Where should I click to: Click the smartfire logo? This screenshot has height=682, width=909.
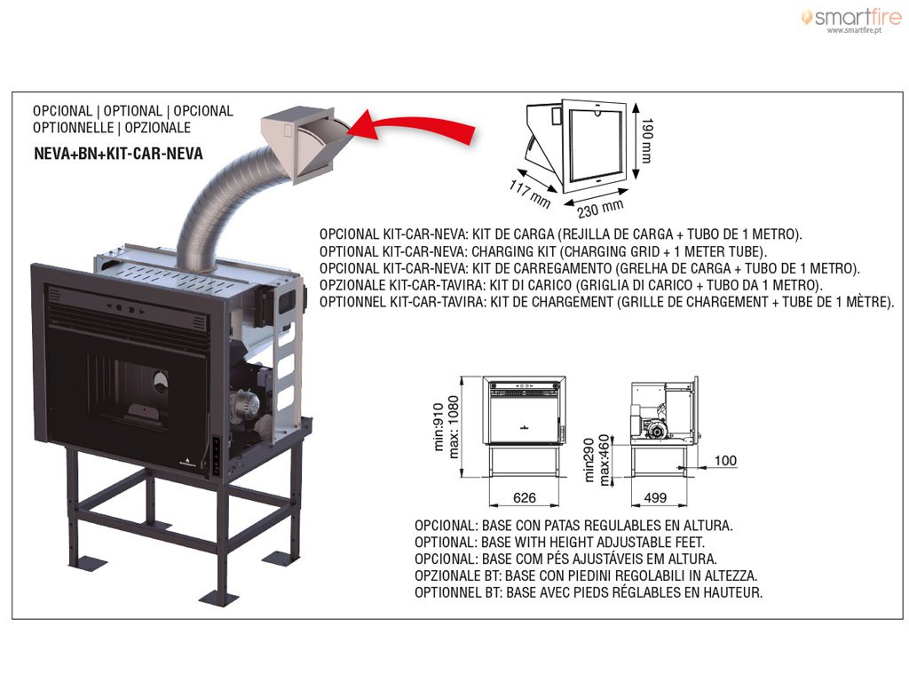coord(850,19)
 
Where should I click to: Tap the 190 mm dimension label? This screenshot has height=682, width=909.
coord(647,141)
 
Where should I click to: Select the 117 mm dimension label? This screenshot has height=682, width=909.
coord(529,194)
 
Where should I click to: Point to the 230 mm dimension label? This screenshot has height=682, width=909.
coord(600,208)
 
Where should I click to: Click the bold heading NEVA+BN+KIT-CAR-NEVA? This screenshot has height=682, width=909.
coord(118,154)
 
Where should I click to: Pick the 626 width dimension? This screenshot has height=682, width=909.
coord(525,497)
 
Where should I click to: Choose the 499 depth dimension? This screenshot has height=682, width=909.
coord(655,497)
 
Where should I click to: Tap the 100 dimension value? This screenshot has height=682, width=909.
coord(725,461)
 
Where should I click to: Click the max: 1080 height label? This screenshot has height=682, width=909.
coord(454,427)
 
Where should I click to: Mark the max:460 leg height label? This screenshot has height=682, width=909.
coord(605,460)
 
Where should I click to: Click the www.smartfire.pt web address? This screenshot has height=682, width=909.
coord(854,30)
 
